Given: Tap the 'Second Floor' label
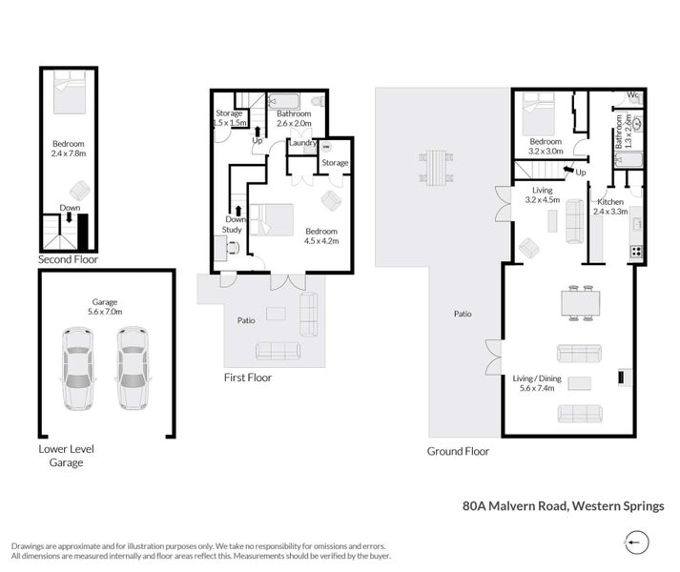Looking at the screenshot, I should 68,258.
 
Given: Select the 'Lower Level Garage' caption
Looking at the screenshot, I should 67,455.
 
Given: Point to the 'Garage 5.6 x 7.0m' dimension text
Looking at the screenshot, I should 106,307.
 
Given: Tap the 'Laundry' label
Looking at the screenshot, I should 302,144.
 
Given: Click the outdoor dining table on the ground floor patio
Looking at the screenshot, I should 435,169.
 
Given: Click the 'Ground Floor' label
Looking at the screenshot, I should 458,451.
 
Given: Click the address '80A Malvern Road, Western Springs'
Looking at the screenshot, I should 563,507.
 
